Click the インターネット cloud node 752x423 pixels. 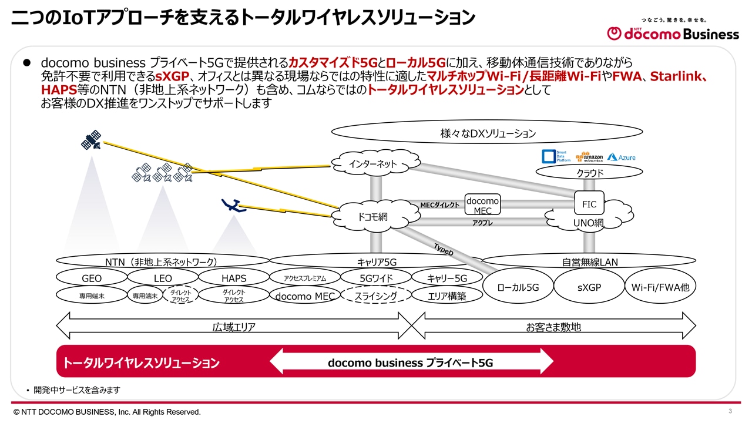[x=373, y=163]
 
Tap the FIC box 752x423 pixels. [x=589, y=204]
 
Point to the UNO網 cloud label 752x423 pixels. [x=588, y=223]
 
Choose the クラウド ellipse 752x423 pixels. [x=589, y=173]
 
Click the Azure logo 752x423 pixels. [x=622, y=157]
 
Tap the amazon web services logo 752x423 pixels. [x=589, y=157]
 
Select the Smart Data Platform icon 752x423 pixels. [x=555, y=156]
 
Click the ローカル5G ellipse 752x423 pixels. [x=518, y=287]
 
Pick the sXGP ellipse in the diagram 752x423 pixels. [x=589, y=287]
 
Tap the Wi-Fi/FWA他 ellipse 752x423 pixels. [x=660, y=287]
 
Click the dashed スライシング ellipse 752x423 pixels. [x=375, y=296]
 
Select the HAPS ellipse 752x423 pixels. [x=234, y=278]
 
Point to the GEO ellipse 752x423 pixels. [x=92, y=278]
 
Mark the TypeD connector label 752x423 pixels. [x=444, y=249]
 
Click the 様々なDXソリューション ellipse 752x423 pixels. [x=488, y=133]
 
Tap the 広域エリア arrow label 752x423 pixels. [x=234, y=327]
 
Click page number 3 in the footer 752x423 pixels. [x=730, y=411]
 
